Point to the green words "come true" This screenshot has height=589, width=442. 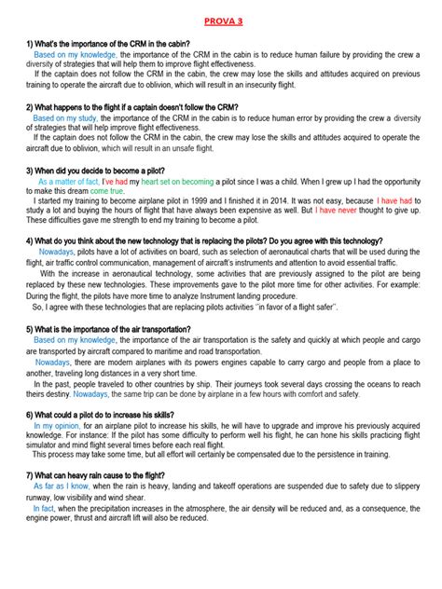pyautogui.click(x=106, y=191)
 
